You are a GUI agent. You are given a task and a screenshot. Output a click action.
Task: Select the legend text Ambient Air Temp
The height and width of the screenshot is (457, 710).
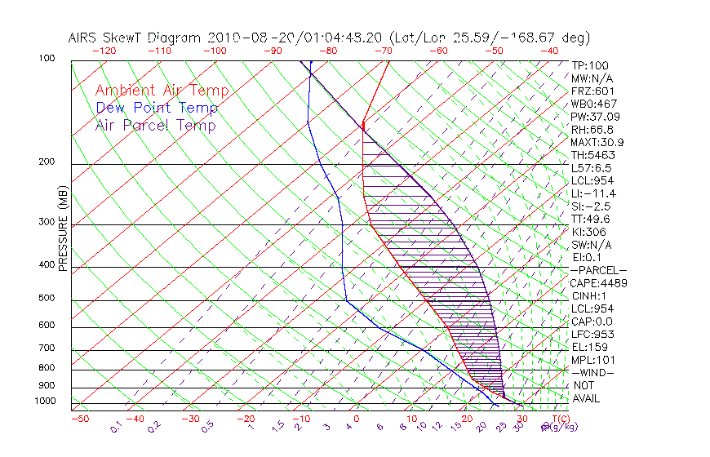click(162, 91)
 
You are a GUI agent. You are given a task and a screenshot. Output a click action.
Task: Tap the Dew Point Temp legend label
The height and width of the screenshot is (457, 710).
click(157, 108)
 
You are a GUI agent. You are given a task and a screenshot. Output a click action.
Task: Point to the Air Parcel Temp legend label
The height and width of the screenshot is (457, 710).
click(155, 125)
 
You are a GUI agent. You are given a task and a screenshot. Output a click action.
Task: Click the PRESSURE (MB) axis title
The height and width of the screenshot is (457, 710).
click(63, 229)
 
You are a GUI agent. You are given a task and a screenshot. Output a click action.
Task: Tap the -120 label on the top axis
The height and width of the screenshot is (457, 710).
click(104, 51)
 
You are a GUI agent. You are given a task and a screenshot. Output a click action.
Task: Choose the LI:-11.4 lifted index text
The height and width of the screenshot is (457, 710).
click(593, 193)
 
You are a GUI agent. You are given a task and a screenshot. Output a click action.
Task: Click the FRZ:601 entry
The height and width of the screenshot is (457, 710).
click(592, 91)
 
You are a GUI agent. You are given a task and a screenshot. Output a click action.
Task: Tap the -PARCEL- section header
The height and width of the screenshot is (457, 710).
click(599, 270)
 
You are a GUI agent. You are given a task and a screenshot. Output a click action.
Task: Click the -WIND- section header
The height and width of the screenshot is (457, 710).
click(593, 372)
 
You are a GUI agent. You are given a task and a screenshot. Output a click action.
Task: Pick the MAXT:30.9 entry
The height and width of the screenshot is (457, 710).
click(598, 142)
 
